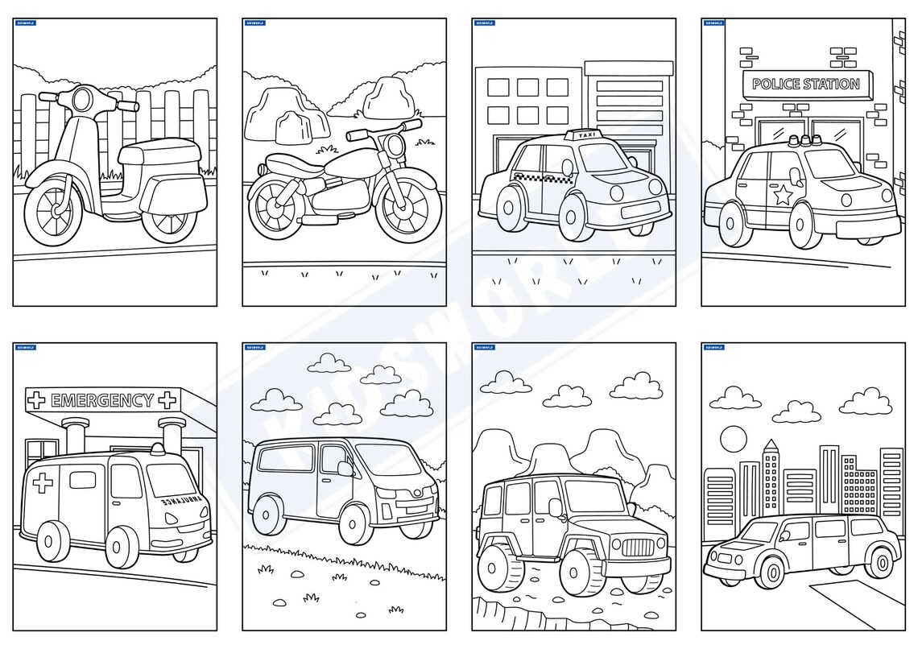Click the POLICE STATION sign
(805, 84)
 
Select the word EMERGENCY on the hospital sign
(101, 400)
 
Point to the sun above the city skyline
(734, 440)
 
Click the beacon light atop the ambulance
(164, 447)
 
